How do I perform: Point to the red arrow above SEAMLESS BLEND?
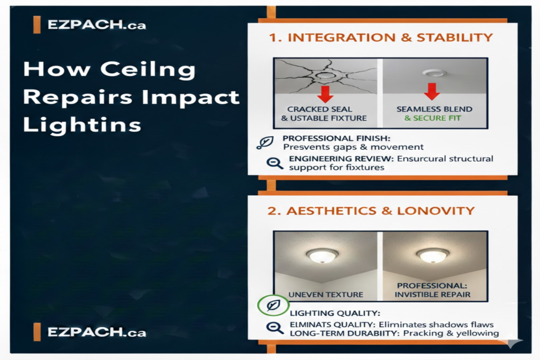point(432,91)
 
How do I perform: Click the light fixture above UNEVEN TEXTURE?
point(322,256)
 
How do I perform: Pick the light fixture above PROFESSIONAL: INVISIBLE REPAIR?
point(432,255)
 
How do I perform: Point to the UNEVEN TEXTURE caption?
point(325,294)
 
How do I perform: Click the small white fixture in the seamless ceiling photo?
point(434,74)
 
